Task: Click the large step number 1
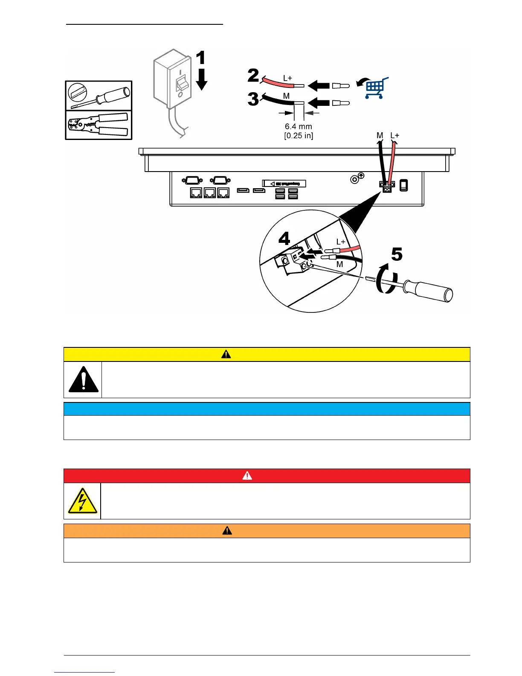pos(200,58)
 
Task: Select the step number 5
pos(397,254)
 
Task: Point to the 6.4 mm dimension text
pos(299,126)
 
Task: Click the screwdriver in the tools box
pos(99,96)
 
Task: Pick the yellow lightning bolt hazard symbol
pos(82,501)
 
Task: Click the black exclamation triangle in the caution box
pos(84,379)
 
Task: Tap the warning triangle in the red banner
pos(247,475)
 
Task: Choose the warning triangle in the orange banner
pos(227,530)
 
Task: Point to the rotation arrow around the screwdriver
pos(385,279)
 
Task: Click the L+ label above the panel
pos(395,136)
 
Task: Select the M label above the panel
pos(380,136)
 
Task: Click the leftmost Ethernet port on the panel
pos(196,193)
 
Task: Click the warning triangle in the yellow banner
pos(226,354)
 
